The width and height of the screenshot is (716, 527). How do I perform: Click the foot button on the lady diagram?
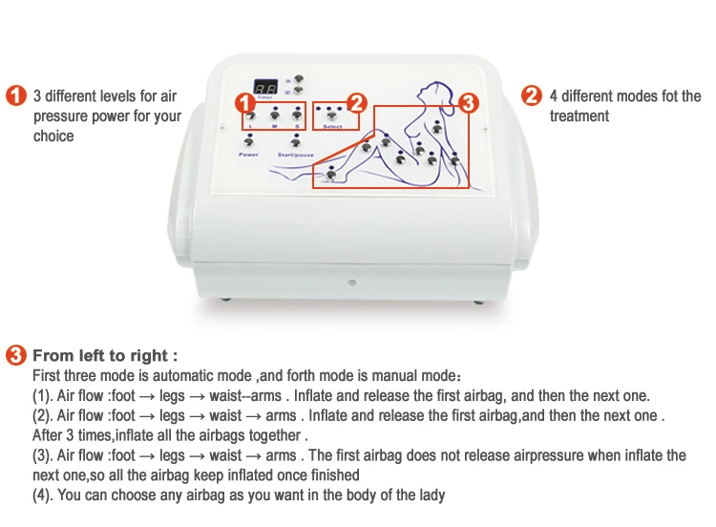[x=331, y=175]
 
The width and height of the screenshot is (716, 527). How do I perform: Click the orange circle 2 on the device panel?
[x=356, y=102]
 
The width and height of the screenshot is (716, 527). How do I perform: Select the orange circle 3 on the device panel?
[x=468, y=102]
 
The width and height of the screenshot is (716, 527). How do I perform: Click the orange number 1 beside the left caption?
[x=15, y=96]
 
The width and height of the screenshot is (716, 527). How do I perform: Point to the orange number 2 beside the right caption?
[x=531, y=96]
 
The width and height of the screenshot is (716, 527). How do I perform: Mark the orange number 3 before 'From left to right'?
[x=15, y=356]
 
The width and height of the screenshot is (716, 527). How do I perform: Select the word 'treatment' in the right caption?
[x=579, y=116]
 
